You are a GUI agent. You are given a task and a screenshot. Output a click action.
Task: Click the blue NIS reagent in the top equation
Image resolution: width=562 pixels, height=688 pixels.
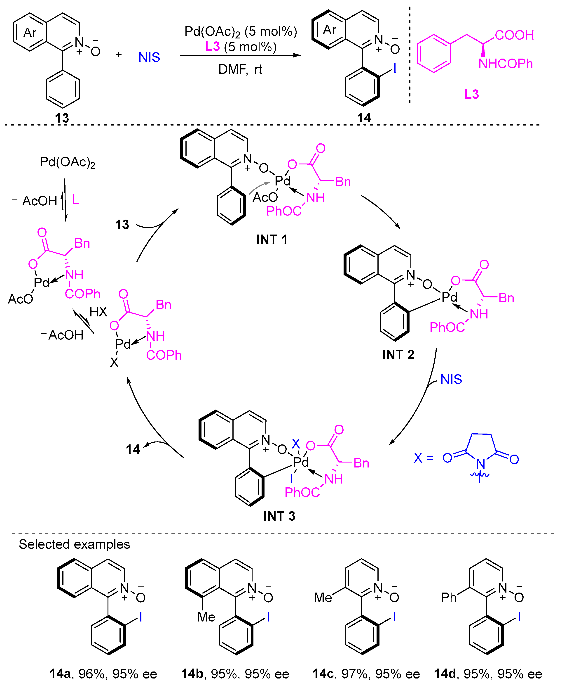click(x=149, y=57)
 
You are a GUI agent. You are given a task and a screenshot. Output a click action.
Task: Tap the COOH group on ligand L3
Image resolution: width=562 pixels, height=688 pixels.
click(x=514, y=35)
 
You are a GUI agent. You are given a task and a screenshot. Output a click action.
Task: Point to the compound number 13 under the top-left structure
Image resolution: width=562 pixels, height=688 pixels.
click(x=62, y=118)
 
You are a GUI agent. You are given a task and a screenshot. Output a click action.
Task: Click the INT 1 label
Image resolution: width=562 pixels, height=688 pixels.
click(x=272, y=240)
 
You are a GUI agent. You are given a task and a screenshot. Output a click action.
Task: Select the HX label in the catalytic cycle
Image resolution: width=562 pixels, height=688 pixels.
click(x=98, y=312)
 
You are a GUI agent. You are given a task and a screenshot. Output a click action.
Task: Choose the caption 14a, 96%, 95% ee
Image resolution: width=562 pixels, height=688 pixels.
click(x=103, y=674)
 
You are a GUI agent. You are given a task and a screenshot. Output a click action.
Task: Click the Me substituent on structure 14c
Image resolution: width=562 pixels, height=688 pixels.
click(x=323, y=598)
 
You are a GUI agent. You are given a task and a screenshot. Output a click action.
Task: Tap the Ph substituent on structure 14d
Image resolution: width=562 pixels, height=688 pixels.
click(x=448, y=597)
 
